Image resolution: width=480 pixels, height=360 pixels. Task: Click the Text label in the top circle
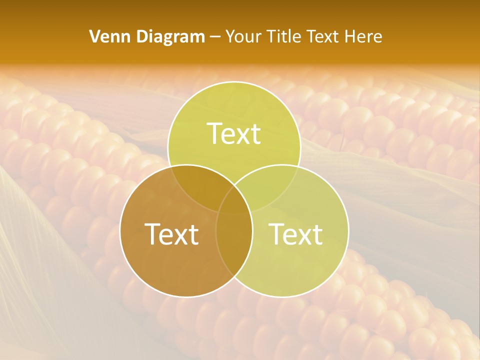coord(234,134)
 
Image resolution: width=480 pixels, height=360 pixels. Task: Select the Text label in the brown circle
coord(171,234)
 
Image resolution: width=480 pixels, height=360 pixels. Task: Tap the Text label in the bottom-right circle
coord(295,234)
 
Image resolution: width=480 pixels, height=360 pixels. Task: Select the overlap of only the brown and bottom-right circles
coord(234,245)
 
